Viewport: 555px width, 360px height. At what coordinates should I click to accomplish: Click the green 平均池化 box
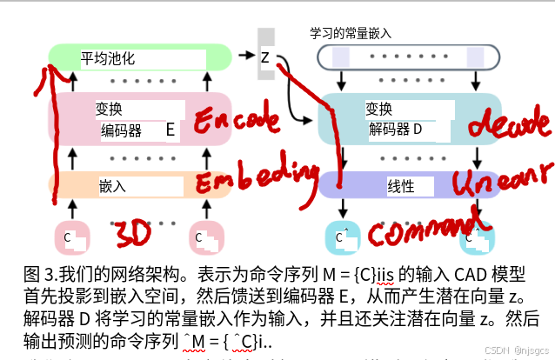click(139, 58)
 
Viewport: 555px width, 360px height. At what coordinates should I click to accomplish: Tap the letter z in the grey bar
click(265, 57)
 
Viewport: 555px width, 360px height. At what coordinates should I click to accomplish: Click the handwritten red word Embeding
click(251, 180)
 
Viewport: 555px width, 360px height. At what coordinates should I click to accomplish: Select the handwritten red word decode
click(505, 123)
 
